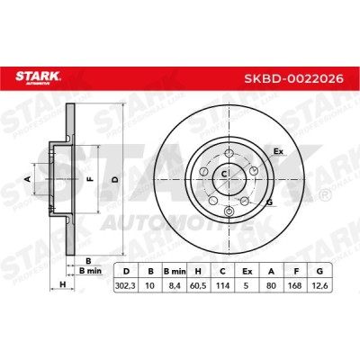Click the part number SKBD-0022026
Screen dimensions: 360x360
[x=293, y=78]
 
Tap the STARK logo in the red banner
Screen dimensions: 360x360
[x=38, y=77]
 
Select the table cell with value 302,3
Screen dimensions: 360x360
[x=126, y=285]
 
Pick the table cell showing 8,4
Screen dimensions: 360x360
[x=174, y=285]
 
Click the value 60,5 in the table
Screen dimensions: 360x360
[x=198, y=285]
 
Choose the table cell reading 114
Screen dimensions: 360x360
[x=222, y=285]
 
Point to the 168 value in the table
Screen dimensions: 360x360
[x=295, y=285]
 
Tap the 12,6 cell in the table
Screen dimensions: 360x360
[x=319, y=285]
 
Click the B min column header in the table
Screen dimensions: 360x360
[x=175, y=272]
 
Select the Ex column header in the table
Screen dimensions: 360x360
[x=247, y=272]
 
